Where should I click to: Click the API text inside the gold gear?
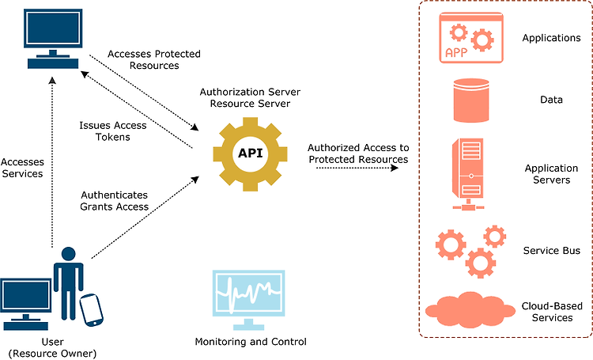coord(250,153)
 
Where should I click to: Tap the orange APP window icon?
coord(471,37)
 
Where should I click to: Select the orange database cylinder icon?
coord(471,100)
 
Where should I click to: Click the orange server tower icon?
coord(468,174)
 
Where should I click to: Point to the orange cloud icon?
coord(470,309)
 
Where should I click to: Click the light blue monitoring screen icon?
coord(248,299)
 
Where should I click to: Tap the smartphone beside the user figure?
coord(91,310)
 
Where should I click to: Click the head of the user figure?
coord(69,254)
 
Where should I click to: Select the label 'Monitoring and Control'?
coord(251,342)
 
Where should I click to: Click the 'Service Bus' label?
coord(551,251)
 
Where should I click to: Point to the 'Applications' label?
coord(551,38)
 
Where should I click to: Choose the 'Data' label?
coord(551,100)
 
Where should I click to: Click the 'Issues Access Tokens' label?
coord(113,131)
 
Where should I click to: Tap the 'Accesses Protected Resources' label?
coord(154,60)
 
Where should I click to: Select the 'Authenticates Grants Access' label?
coord(114,201)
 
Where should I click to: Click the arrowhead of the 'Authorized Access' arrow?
coord(395,167)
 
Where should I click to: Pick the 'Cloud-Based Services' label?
coord(552,312)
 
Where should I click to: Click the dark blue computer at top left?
coord(53,39)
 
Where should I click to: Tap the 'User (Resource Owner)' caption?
coord(52,348)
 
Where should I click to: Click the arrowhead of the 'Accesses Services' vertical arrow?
coord(52,80)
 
